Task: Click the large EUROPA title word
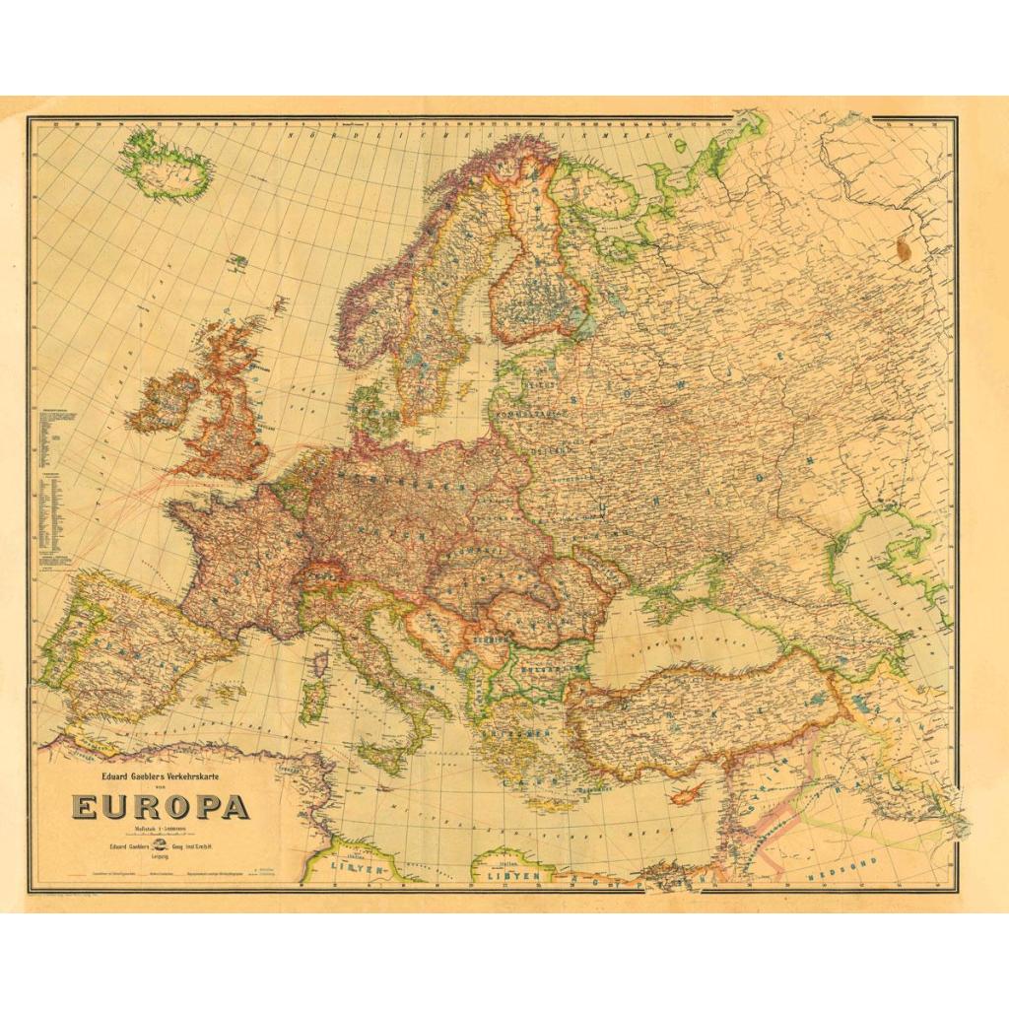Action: click(x=160, y=806)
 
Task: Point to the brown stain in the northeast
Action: click(x=904, y=249)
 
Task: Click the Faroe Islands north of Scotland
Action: click(x=238, y=261)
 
